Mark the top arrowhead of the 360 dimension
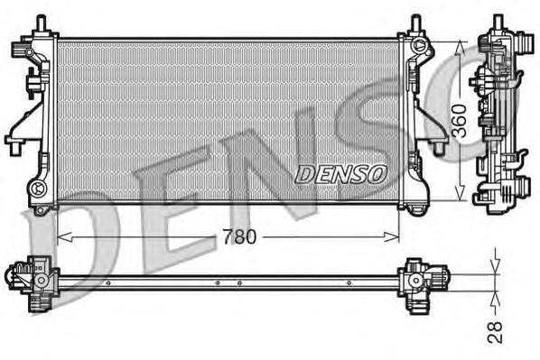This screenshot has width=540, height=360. [x=461, y=46]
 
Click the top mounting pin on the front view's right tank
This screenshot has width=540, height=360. [x=414, y=24]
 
